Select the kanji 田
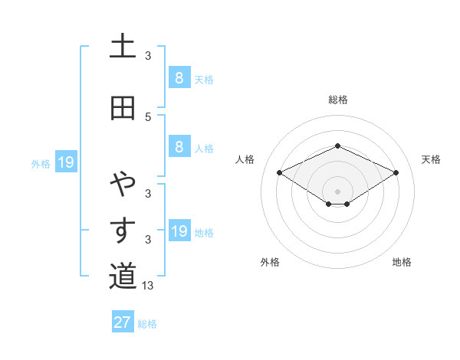click(123, 108)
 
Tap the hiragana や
click(123, 184)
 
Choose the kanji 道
click(123, 277)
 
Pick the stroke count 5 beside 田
click(148, 116)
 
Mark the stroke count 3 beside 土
click(148, 56)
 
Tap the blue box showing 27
click(123, 322)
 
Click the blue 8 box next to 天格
click(179, 77)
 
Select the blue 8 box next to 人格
click(179, 147)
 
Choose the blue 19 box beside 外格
click(66, 162)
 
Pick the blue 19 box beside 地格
click(179, 231)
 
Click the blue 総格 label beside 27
click(147, 324)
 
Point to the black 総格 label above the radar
click(337, 100)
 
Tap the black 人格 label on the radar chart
click(245, 159)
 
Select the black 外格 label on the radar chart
click(270, 262)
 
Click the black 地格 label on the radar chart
click(402, 262)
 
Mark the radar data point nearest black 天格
click(396, 172)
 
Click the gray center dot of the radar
click(337, 191)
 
